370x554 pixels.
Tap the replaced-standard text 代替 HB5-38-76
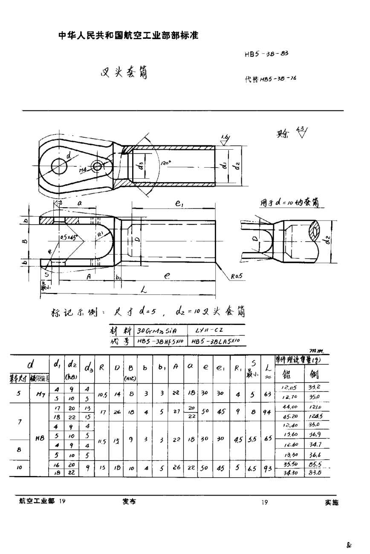[x=267, y=80]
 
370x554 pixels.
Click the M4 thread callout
[x=83, y=170]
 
